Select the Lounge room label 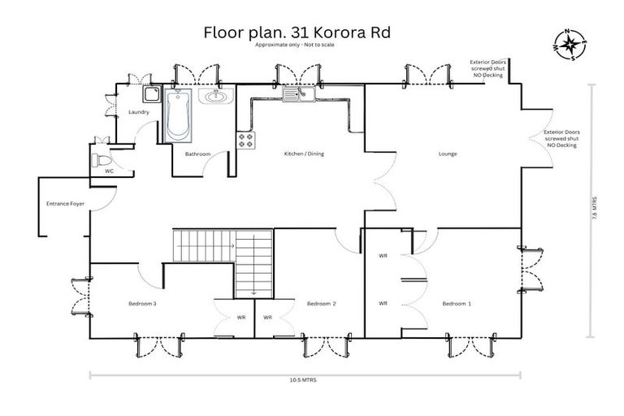click(448, 154)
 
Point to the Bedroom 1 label click(456, 303)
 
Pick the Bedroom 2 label click(322, 303)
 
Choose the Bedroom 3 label click(142, 303)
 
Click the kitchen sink click(299, 96)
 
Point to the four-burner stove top click(245, 141)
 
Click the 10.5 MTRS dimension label click(305, 379)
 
